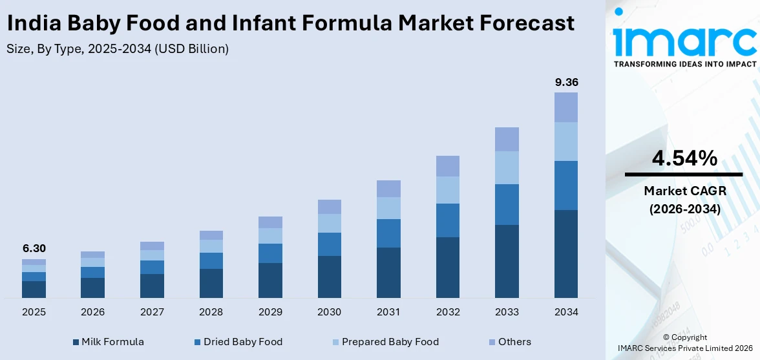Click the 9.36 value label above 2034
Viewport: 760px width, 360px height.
point(566,82)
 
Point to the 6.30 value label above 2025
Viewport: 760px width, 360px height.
point(34,249)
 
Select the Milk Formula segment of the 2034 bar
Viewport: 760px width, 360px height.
point(566,253)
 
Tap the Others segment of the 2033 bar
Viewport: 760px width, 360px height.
point(507,139)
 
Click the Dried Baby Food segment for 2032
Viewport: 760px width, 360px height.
point(447,220)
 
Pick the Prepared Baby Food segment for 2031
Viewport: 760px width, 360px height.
point(388,208)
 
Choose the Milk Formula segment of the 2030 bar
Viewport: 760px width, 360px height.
point(329,277)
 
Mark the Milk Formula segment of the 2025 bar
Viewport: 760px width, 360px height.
point(34,289)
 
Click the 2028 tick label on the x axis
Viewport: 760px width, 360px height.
point(211,312)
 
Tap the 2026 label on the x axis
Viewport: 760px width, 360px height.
point(92,312)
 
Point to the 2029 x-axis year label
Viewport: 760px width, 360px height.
point(270,312)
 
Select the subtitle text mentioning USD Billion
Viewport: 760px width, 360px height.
point(118,49)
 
